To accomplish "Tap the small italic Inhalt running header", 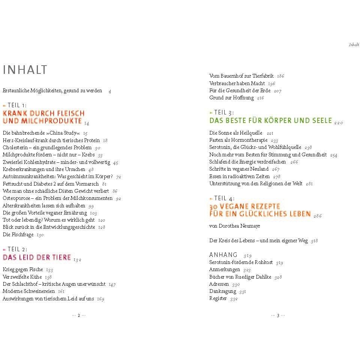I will (354, 44).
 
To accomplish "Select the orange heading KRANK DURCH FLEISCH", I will (43, 113).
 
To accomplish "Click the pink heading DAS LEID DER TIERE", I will (37, 257).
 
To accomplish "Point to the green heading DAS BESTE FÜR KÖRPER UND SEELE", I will (270, 120).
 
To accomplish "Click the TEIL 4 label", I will (224, 198).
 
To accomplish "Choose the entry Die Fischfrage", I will (18, 234).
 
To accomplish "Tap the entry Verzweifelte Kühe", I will (22, 277).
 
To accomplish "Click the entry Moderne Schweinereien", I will (28, 291).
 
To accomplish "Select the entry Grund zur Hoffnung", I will (231, 97).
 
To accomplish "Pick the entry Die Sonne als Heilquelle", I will (236, 133).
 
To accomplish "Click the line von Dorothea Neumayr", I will (234, 226).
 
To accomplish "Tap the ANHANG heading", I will (223, 254).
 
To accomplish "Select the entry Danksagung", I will (223, 291).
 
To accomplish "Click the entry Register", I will (218, 298).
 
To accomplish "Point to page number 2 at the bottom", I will (79, 315).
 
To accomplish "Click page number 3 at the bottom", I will (278, 315).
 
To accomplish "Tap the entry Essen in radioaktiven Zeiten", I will (239, 176).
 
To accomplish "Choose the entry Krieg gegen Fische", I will (23, 270).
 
